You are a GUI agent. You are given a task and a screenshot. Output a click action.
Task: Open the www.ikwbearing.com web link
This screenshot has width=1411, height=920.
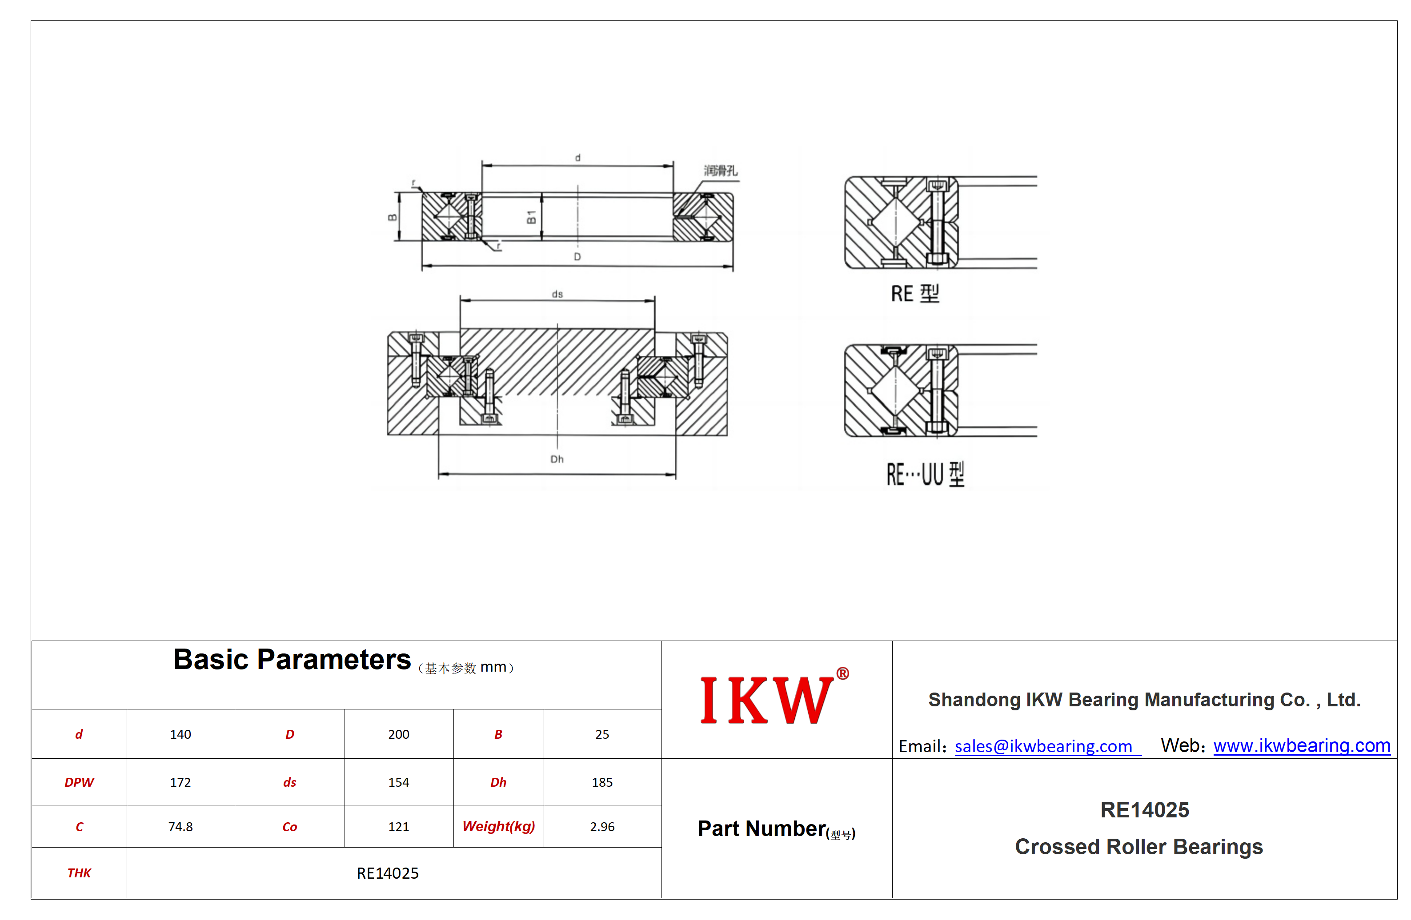point(1302,746)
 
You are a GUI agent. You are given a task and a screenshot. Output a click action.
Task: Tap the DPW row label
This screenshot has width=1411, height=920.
point(79,783)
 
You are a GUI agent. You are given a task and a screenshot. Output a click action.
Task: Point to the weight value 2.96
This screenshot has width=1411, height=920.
point(602,827)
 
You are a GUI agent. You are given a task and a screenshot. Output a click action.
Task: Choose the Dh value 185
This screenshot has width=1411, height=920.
point(602,783)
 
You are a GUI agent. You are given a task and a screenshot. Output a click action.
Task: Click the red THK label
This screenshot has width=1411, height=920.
point(79,873)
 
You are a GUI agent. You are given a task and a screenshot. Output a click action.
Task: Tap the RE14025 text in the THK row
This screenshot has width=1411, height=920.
point(388,873)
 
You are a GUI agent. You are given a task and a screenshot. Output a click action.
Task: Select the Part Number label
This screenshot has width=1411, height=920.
point(762,829)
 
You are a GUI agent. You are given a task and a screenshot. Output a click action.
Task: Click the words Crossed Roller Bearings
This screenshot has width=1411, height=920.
point(1139,847)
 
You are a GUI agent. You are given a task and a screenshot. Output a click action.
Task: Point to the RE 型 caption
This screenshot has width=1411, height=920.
point(915,293)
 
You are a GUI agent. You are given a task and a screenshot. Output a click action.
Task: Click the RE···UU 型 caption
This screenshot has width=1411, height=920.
point(926,474)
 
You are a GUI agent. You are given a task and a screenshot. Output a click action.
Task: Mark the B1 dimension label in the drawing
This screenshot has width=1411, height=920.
point(531,217)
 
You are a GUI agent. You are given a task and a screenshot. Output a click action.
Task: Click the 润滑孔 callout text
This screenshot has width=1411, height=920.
point(721,171)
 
